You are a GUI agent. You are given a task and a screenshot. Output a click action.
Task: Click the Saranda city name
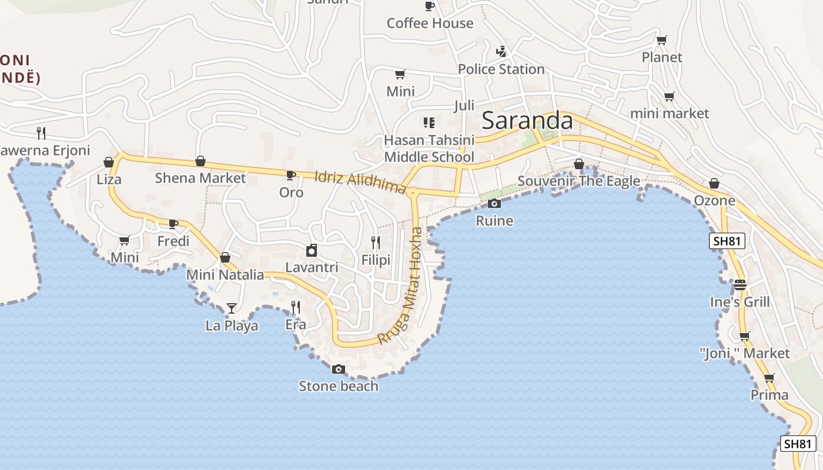[x=527, y=120]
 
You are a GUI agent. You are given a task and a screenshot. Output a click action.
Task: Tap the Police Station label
[x=501, y=69]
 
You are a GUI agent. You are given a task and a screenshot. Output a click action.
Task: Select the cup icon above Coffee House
[x=430, y=6]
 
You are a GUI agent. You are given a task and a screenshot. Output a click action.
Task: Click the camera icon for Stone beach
[x=339, y=369]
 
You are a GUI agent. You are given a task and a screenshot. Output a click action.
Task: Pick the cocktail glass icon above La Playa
[x=232, y=308]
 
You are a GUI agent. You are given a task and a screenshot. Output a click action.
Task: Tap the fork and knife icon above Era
[x=296, y=307]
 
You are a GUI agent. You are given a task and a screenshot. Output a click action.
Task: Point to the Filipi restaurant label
[x=376, y=260]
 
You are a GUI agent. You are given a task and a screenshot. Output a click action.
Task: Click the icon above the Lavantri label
[x=312, y=251]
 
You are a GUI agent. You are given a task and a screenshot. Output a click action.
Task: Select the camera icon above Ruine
[x=494, y=204]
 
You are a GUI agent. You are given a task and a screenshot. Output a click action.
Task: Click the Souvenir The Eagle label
[x=578, y=181]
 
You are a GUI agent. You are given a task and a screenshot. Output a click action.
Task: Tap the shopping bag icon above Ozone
[x=714, y=184]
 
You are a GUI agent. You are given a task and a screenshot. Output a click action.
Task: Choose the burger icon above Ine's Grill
[x=740, y=285]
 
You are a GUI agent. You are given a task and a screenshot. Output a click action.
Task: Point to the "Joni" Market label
[x=745, y=353]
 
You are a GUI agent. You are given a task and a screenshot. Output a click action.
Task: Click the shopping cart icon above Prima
[x=769, y=378]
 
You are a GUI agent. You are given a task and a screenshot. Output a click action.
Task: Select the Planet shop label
[x=662, y=58]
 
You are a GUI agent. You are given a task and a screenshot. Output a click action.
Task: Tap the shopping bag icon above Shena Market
[x=200, y=161]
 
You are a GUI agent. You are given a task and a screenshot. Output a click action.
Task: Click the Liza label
[x=109, y=179]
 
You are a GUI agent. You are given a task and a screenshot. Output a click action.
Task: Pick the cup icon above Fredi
[x=173, y=224]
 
